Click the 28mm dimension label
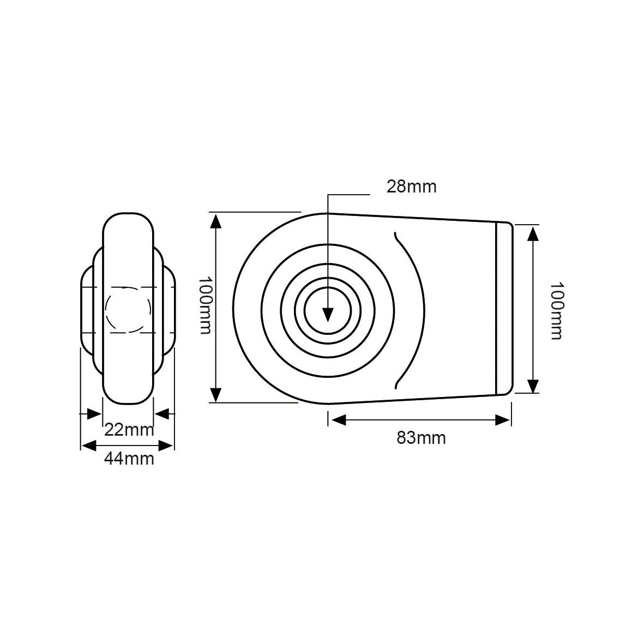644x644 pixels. (411, 187)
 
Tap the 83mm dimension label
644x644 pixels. (421, 438)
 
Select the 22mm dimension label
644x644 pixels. (129, 430)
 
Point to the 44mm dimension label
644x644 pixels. (129, 459)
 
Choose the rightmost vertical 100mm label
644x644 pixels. (556, 310)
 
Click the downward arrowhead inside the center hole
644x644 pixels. (328, 315)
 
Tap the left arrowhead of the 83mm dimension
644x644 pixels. (339, 420)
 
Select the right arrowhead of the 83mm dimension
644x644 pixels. (503, 420)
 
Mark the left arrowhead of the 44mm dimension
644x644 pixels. (89, 446)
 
